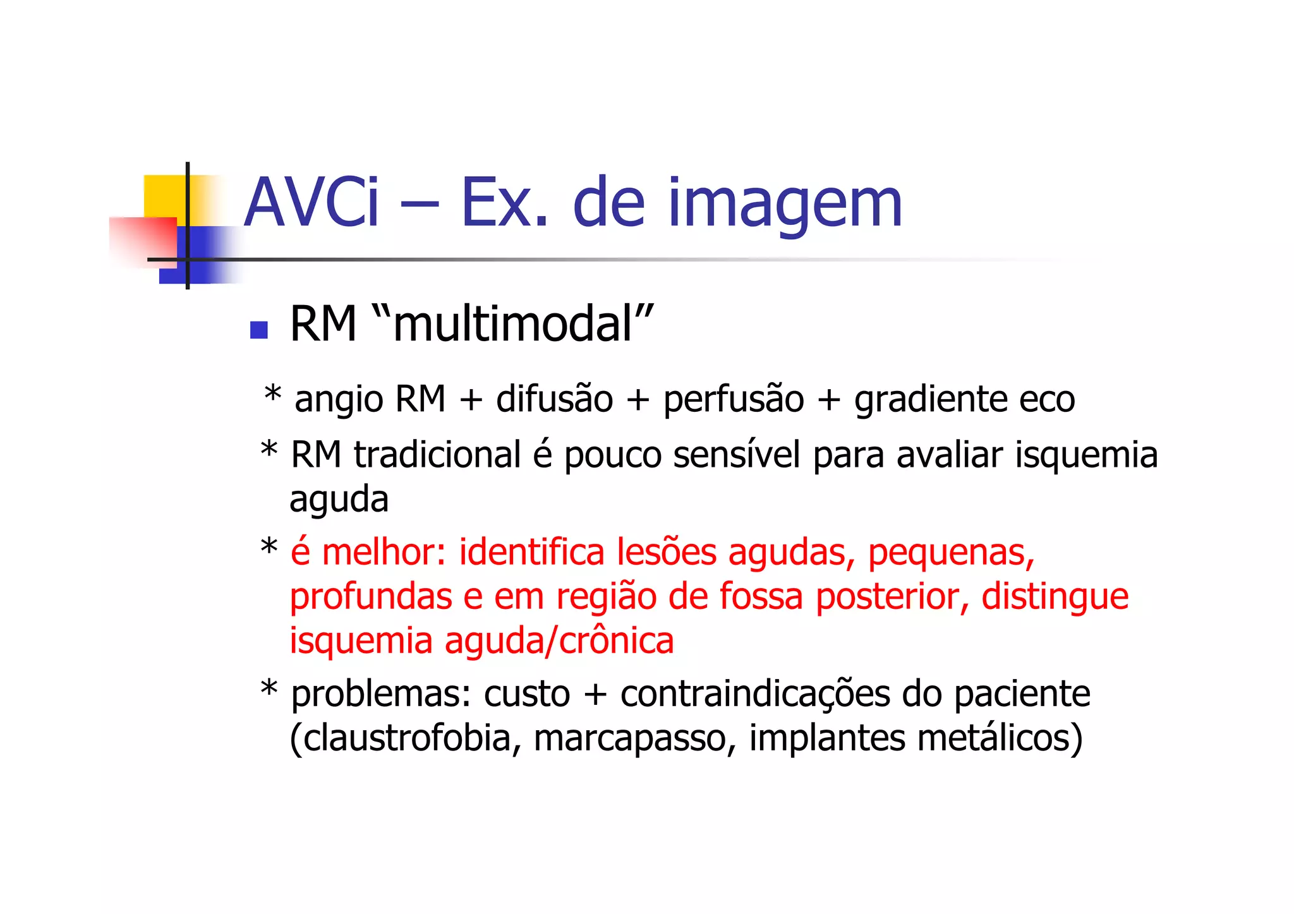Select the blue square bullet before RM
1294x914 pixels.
[258, 330]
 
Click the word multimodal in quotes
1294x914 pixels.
[512, 325]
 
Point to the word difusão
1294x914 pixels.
[554, 399]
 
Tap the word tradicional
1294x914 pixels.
[437, 455]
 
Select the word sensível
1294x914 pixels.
[737, 455]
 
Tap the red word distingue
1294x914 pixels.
[1055, 598]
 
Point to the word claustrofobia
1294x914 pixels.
[405, 738]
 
